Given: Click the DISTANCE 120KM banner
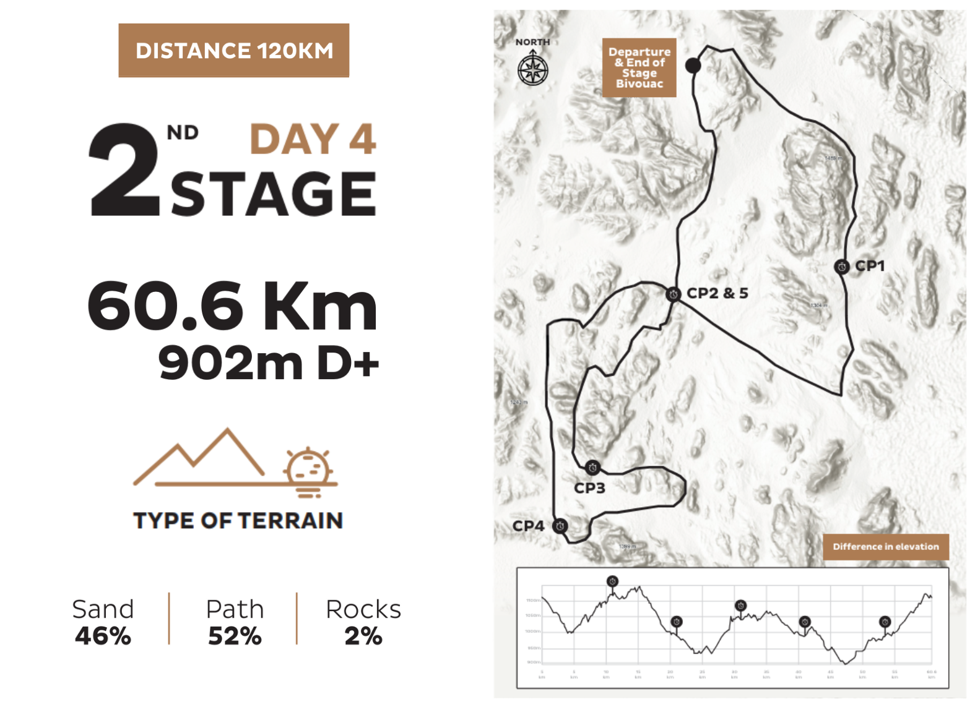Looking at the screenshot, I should point(234,50).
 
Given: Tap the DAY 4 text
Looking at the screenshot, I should point(313,139).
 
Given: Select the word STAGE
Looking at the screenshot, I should point(273,194).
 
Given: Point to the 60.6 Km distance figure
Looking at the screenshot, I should point(232,306).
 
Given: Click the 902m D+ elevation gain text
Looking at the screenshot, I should point(268,363).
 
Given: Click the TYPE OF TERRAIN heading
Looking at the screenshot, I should point(238,521).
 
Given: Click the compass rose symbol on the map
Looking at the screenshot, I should point(532,69).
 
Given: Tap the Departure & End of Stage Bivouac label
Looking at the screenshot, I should point(639,67).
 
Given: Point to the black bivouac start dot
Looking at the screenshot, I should point(693,65).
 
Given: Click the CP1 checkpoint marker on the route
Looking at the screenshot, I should point(841,267).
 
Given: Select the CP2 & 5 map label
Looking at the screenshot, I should point(717,293).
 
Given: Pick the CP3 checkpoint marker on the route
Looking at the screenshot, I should point(592,468).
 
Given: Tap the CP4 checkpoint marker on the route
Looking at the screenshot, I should point(560,526).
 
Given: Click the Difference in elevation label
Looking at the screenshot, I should point(885,547).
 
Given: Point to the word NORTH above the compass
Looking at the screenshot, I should point(532,42).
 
